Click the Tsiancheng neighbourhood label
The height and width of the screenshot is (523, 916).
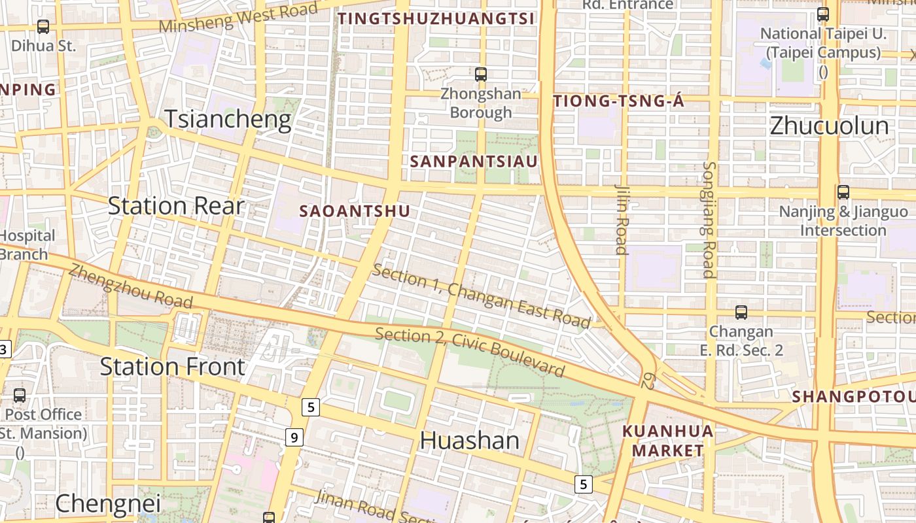coord(227,120)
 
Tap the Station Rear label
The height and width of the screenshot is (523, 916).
coord(175,206)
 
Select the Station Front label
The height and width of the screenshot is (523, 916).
coord(172,367)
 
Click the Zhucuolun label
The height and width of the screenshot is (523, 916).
coord(829,126)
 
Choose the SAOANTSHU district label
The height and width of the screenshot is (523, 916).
coord(355,211)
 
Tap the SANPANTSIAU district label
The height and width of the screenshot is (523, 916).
coord(474,161)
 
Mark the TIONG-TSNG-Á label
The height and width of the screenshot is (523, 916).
coord(618,101)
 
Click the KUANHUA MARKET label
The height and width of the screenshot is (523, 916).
coord(667,441)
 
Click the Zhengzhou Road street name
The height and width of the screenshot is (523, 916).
coord(131,286)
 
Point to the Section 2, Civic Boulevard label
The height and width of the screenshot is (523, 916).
coord(469,352)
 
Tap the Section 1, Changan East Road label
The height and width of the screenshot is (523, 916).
coord(481,296)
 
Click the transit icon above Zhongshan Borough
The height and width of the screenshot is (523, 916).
coord(481,75)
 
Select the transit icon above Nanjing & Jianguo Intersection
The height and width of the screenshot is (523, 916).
coord(843,192)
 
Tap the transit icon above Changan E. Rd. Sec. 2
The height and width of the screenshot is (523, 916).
coord(741,312)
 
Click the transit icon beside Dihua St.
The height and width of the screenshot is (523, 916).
coord(43,27)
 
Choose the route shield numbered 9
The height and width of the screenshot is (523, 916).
coord(294,437)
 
